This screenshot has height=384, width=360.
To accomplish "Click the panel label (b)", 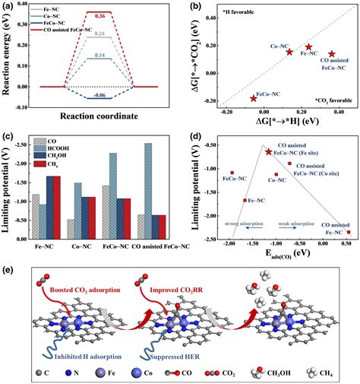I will [x=193, y=7].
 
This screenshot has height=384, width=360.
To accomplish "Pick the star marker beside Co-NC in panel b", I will [x=289, y=52].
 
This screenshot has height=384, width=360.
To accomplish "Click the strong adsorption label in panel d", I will [x=243, y=222].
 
